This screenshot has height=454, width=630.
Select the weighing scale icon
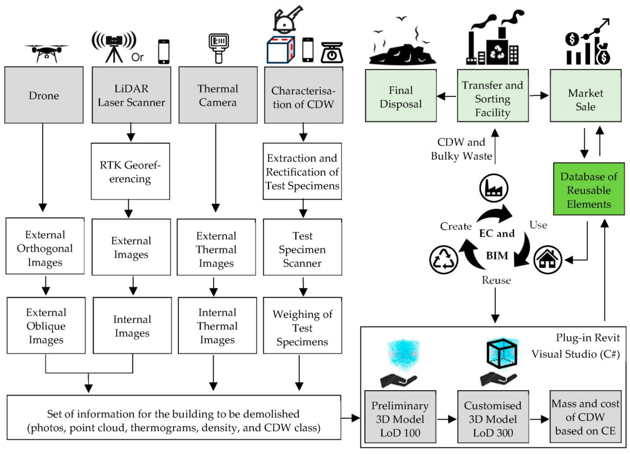coord(332,53)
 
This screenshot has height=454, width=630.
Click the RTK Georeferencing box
coord(130,171)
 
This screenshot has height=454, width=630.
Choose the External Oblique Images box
coord(46,326)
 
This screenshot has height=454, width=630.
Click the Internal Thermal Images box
coord(217,326)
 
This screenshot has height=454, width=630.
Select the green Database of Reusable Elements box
coord(589,190)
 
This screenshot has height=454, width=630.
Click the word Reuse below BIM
coord(496,280)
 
